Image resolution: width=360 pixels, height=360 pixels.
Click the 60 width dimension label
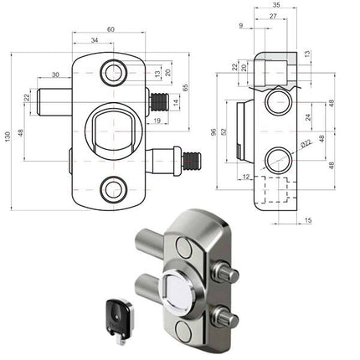point(111,31)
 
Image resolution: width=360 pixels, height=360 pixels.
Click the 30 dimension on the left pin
point(54,75)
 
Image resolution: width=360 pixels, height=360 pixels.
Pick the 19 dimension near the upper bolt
point(158,121)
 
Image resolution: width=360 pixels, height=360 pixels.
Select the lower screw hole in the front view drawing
point(111,191)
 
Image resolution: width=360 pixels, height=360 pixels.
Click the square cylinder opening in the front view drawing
point(111,131)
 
